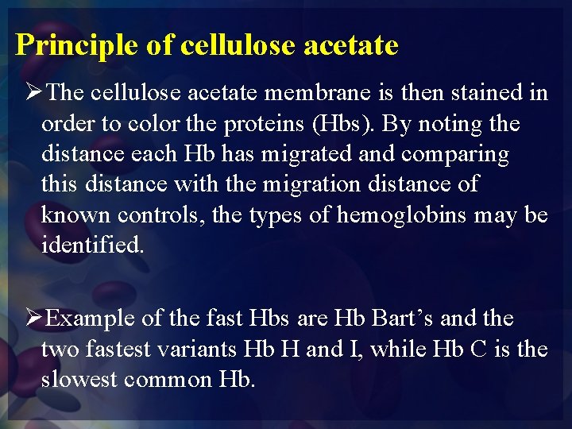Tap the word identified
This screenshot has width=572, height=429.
(93, 245)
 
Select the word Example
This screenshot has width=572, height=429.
(91, 319)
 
